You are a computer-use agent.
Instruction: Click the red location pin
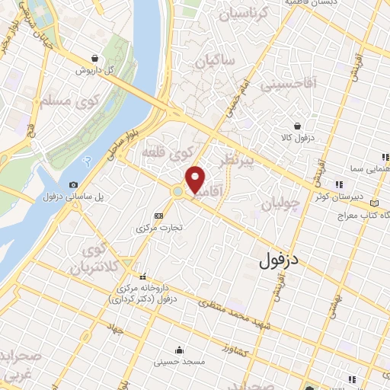tap(196, 179)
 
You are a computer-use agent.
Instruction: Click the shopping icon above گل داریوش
tap(94, 58)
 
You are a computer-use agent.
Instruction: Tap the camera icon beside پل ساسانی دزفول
tap(73, 185)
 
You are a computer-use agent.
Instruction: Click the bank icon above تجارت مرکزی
tap(158, 216)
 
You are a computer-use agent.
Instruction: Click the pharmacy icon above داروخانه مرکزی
tap(142, 276)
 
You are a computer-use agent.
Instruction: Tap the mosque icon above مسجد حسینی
tap(179, 350)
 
